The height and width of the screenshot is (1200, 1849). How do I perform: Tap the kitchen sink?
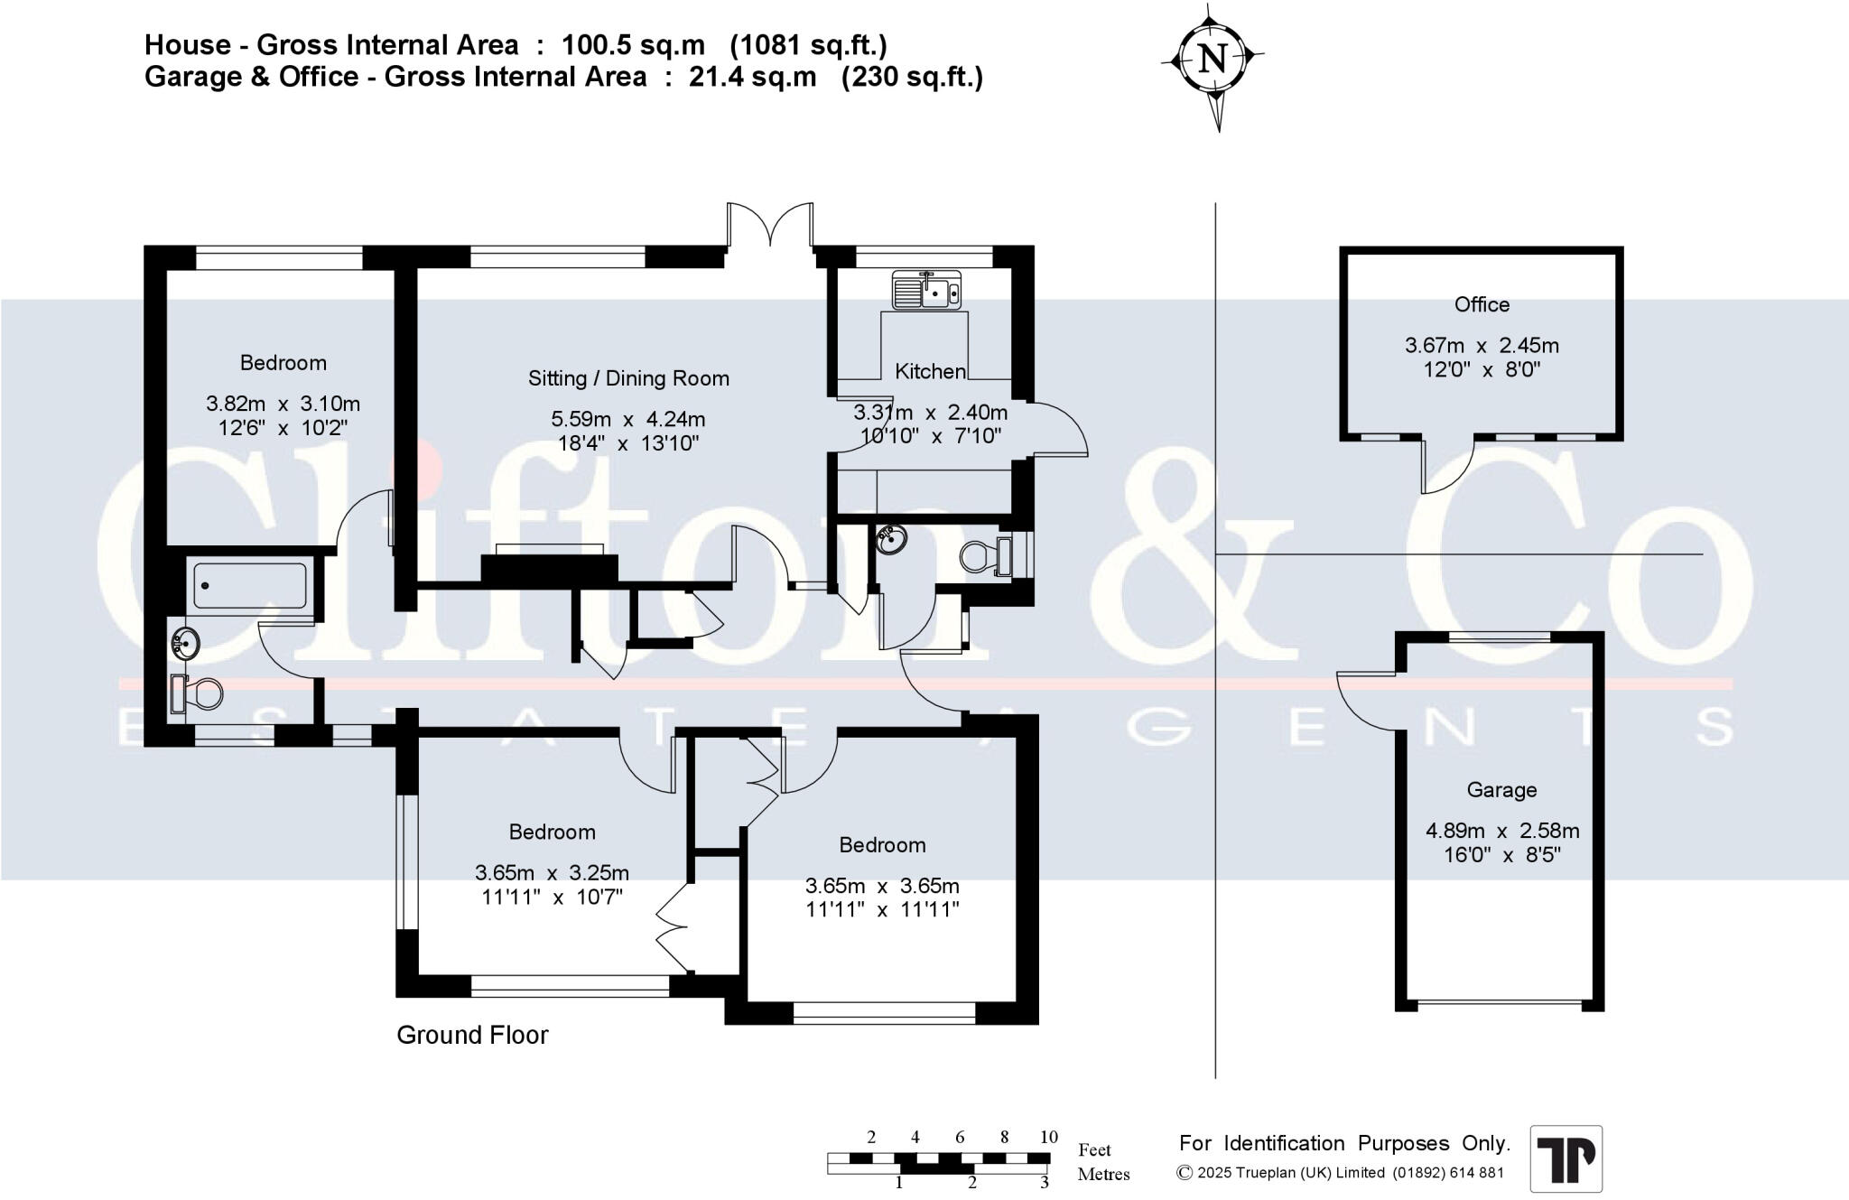[x=927, y=290]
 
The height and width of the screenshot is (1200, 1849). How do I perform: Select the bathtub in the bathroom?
[x=250, y=585]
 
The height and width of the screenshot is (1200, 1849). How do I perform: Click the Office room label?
[x=1482, y=304]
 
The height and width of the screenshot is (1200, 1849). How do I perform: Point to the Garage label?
[x=1501, y=790]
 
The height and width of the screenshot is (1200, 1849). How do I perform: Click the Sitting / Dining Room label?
[x=628, y=378]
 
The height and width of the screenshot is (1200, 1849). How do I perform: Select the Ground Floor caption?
[x=472, y=1035]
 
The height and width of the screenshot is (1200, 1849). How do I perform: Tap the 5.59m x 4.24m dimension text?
[x=628, y=419]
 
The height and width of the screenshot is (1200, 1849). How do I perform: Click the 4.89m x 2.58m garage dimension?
[x=1502, y=831]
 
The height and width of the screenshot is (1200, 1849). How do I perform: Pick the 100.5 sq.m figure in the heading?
[x=633, y=45]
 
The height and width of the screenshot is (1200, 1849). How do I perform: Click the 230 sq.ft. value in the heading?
[x=912, y=77]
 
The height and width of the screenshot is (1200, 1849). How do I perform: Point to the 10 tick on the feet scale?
[x=1048, y=1137]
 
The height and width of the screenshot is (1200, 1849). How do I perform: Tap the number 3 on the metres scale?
[x=1045, y=1182]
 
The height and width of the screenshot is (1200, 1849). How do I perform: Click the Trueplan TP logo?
[x=1566, y=1158]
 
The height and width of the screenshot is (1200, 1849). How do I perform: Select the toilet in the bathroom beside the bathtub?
[x=196, y=693]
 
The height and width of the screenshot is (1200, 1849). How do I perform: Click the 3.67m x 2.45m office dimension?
[x=1482, y=345]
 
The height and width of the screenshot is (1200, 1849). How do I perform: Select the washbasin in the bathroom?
[x=185, y=644]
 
